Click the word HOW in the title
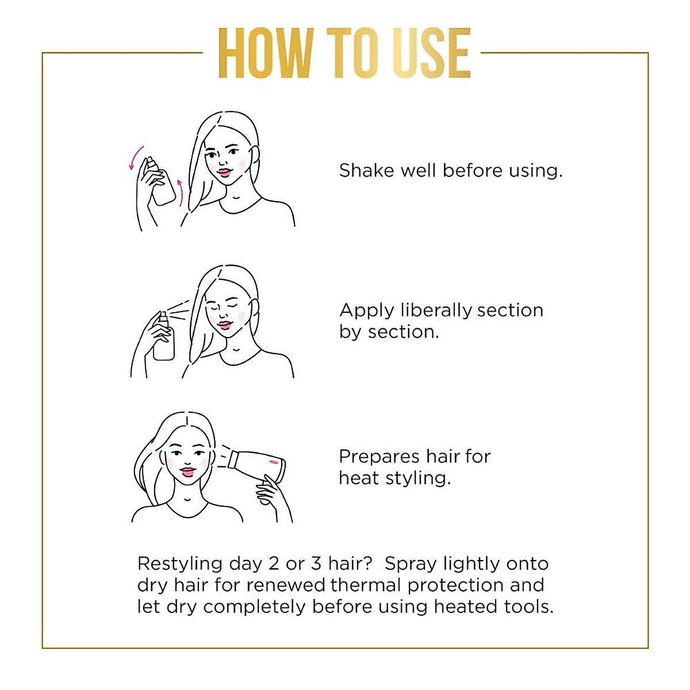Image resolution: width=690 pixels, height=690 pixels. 264,53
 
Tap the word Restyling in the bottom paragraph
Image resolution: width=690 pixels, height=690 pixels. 179,563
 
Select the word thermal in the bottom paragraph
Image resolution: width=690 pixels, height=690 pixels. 366,585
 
